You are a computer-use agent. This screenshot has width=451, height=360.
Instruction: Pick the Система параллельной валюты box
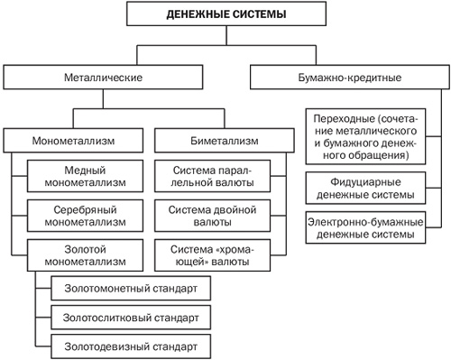point(213,176)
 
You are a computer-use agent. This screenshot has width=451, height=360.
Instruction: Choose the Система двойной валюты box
point(213,214)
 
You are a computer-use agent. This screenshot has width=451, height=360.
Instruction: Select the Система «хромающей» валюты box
point(213,253)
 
